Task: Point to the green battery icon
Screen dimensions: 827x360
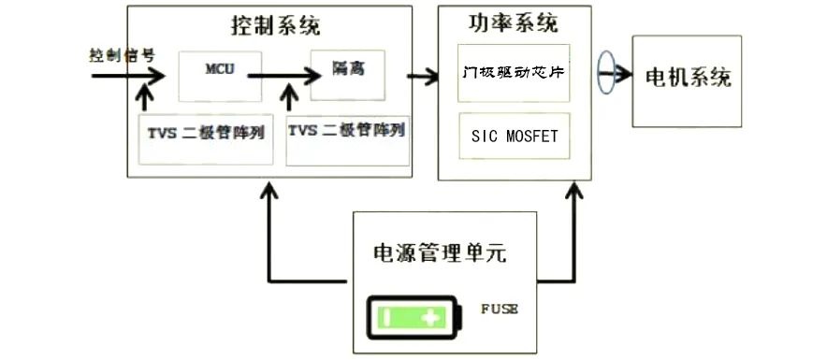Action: [415, 318]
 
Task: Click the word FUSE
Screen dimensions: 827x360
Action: [499, 309]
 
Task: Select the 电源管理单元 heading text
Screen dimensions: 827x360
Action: [440, 253]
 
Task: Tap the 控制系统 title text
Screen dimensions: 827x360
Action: [276, 25]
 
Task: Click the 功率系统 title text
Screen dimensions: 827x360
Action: [514, 22]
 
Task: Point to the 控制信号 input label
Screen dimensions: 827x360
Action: [122, 56]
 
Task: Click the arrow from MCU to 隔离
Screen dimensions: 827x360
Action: [284, 76]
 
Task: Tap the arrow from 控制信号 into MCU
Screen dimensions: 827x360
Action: [128, 76]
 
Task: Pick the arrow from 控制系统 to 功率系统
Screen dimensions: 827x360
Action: [423, 77]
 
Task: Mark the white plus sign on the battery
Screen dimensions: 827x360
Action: [431, 318]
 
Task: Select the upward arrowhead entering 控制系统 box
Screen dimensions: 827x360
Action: [270, 192]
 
